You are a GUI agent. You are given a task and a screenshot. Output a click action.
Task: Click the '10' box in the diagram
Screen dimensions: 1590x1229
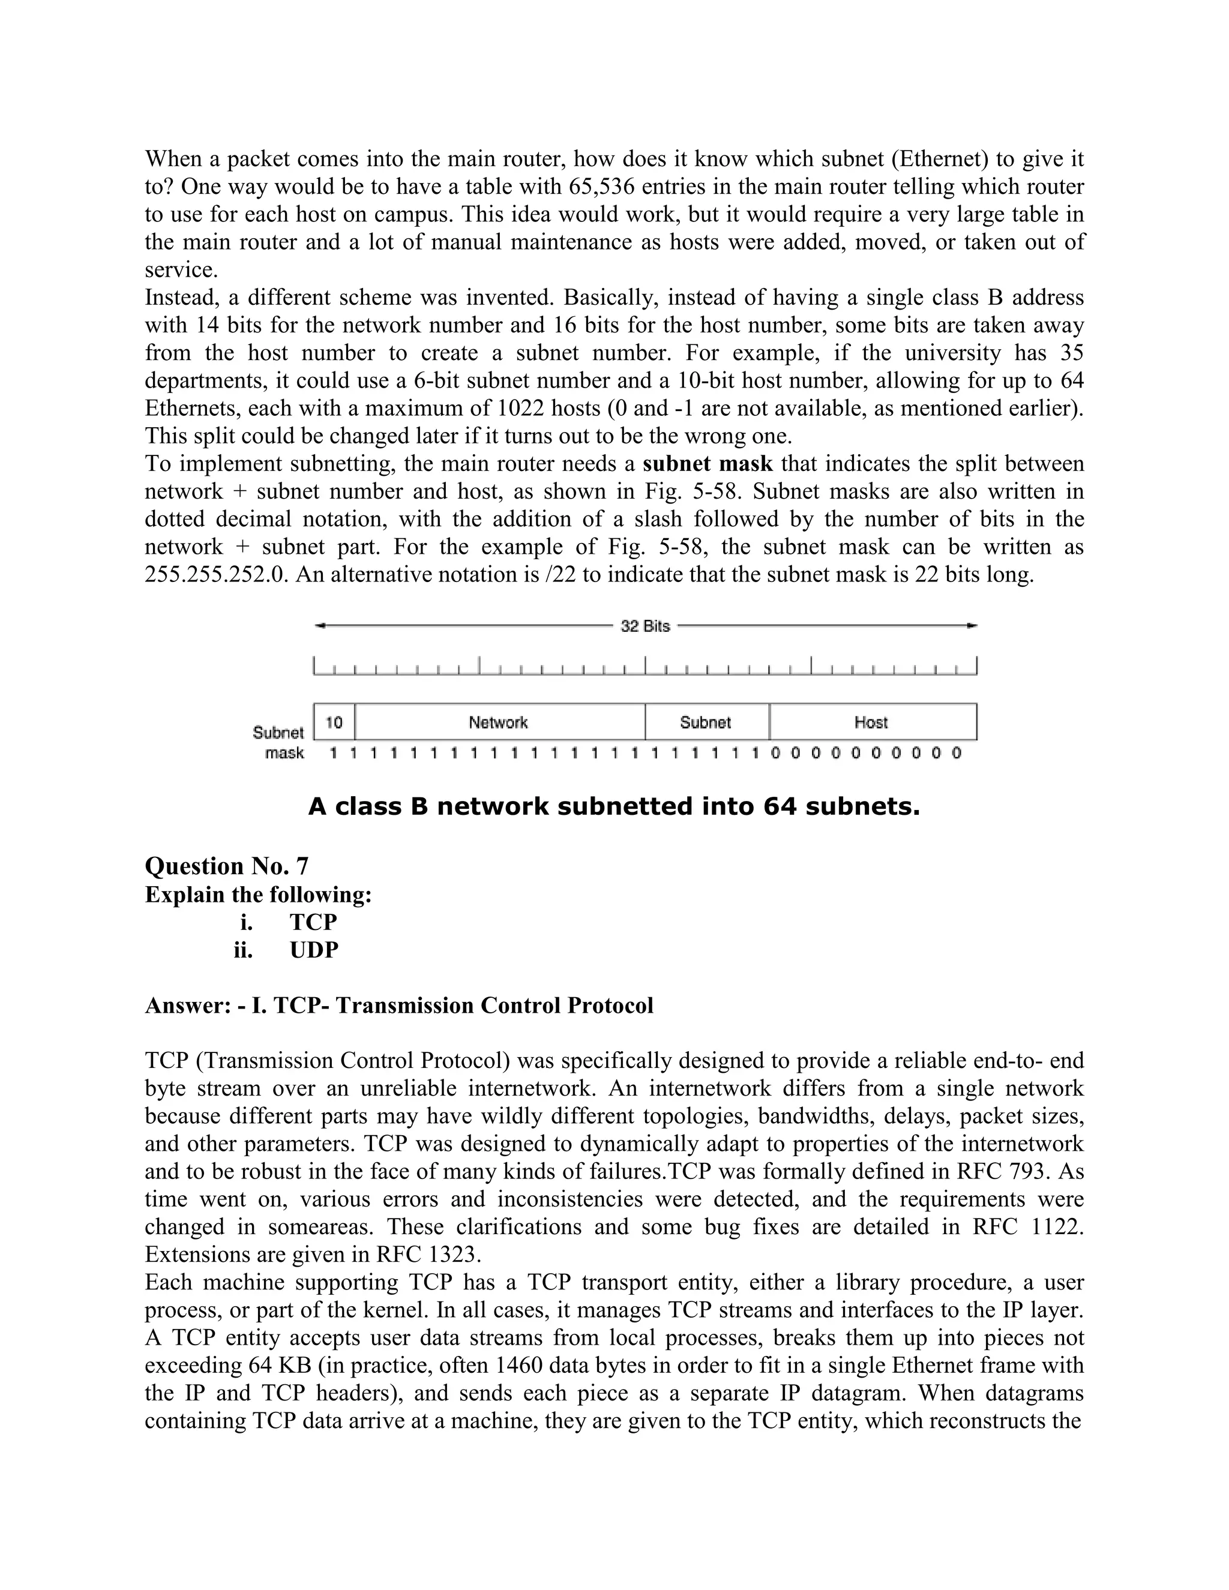point(334,722)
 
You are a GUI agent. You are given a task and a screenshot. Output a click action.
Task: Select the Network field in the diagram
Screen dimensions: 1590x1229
point(499,722)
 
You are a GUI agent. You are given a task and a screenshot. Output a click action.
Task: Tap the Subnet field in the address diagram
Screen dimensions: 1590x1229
point(706,722)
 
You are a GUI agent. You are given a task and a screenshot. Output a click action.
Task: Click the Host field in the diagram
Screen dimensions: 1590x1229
point(871,722)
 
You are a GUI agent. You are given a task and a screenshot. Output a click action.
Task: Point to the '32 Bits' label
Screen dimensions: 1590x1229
point(645,626)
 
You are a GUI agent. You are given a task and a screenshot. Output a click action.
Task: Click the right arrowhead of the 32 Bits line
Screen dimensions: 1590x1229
point(973,625)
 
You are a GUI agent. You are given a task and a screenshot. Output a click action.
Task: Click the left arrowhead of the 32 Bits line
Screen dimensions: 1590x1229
point(319,625)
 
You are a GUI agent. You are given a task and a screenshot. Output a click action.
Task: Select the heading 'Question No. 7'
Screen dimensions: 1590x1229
point(226,866)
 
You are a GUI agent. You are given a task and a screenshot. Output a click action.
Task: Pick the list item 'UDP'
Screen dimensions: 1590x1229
point(314,950)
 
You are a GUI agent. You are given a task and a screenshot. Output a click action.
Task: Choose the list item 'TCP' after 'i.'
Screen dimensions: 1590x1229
point(314,922)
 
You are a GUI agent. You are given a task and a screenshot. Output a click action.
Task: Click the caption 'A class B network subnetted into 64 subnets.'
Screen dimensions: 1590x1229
point(614,806)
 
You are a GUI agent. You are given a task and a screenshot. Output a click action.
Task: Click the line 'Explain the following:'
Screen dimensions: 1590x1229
point(259,894)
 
